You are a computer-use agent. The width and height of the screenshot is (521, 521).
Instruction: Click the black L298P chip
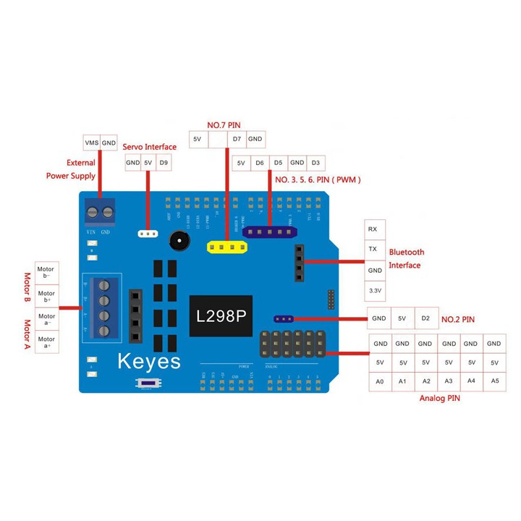click(x=221, y=316)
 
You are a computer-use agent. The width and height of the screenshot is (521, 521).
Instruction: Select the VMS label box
click(x=91, y=143)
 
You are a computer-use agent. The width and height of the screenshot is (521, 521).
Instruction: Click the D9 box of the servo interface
click(x=164, y=163)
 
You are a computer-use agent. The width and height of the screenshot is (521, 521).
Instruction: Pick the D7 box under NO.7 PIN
click(x=236, y=138)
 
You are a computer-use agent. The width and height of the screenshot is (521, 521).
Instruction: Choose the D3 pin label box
click(x=315, y=163)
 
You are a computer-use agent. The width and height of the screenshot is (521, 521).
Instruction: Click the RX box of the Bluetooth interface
click(x=373, y=229)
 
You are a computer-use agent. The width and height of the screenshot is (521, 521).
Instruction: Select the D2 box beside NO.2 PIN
click(x=425, y=318)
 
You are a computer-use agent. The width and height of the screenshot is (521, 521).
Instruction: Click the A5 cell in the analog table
click(x=494, y=381)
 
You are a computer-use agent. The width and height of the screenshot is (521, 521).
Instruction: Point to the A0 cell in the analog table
click(x=380, y=381)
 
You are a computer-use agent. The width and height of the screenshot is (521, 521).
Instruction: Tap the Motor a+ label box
click(x=46, y=342)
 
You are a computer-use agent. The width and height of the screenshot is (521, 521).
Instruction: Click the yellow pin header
click(x=226, y=247)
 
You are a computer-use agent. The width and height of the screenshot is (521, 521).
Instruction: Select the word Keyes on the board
click(x=148, y=361)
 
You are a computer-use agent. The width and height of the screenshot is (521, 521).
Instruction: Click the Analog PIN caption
click(x=439, y=398)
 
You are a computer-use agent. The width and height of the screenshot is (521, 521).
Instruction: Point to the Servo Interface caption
click(x=150, y=147)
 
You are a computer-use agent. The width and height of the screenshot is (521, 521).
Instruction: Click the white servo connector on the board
click(x=148, y=234)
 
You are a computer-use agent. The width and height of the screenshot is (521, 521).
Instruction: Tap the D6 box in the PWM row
click(x=260, y=163)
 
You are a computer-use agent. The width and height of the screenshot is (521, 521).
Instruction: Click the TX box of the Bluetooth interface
click(x=373, y=250)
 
